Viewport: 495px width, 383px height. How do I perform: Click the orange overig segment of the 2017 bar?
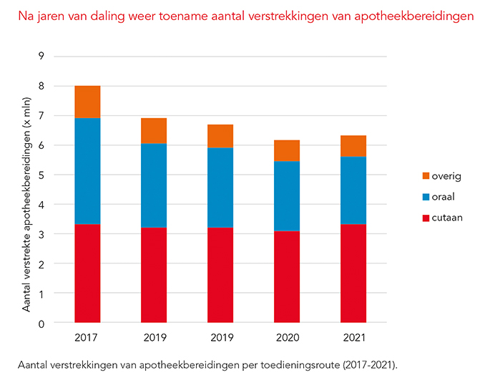pyautogui.click(x=87, y=102)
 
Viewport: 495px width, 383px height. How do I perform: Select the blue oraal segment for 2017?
pyautogui.click(x=87, y=171)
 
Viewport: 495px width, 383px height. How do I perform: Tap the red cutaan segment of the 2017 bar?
pyautogui.click(x=87, y=273)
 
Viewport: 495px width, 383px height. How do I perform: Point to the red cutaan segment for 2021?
pyautogui.click(x=353, y=273)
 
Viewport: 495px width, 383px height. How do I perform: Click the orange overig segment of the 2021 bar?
pyautogui.click(x=353, y=146)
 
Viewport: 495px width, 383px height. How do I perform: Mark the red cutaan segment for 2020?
pyautogui.click(x=286, y=276)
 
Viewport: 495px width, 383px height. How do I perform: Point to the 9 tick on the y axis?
pyautogui.click(x=42, y=57)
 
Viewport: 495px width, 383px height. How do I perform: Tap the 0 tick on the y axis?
pyautogui.click(x=42, y=324)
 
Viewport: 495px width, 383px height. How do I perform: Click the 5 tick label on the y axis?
pyautogui.click(x=42, y=175)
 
